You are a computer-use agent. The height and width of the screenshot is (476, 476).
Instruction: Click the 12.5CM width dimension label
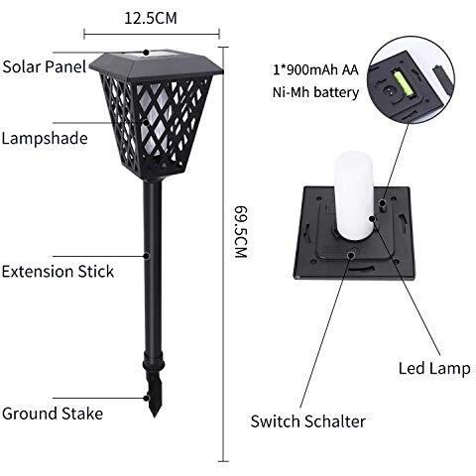click(151, 18)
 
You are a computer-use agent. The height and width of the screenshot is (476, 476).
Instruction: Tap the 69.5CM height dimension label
click(241, 232)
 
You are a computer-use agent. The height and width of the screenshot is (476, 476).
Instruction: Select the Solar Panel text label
click(45, 66)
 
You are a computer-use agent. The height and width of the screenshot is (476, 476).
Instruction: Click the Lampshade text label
click(45, 138)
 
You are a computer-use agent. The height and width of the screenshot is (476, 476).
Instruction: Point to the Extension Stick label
click(58, 272)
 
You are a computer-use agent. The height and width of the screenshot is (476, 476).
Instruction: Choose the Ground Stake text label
click(53, 414)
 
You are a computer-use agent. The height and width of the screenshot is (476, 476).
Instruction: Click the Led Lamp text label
click(434, 368)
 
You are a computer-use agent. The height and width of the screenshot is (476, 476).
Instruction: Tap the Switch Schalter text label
click(307, 421)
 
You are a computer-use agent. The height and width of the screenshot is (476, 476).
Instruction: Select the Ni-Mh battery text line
click(315, 92)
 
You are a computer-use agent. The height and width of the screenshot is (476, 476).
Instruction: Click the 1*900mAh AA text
click(315, 69)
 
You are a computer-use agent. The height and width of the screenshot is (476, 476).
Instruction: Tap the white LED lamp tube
click(353, 195)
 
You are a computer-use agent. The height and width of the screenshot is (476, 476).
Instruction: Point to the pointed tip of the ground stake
click(155, 416)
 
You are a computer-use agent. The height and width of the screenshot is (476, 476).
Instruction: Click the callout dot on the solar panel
click(146, 53)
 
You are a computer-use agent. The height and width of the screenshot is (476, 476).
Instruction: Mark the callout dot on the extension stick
click(146, 256)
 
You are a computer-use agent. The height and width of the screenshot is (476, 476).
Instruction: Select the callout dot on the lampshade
click(146, 122)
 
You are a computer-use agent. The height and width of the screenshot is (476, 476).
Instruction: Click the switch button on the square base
click(351, 254)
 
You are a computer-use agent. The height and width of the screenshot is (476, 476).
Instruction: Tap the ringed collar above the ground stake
click(154, 364)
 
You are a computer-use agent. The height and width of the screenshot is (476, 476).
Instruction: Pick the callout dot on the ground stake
click(146, 398)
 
